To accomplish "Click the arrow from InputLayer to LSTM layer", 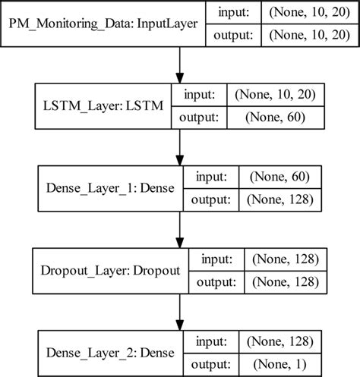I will (x=180, y=68).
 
